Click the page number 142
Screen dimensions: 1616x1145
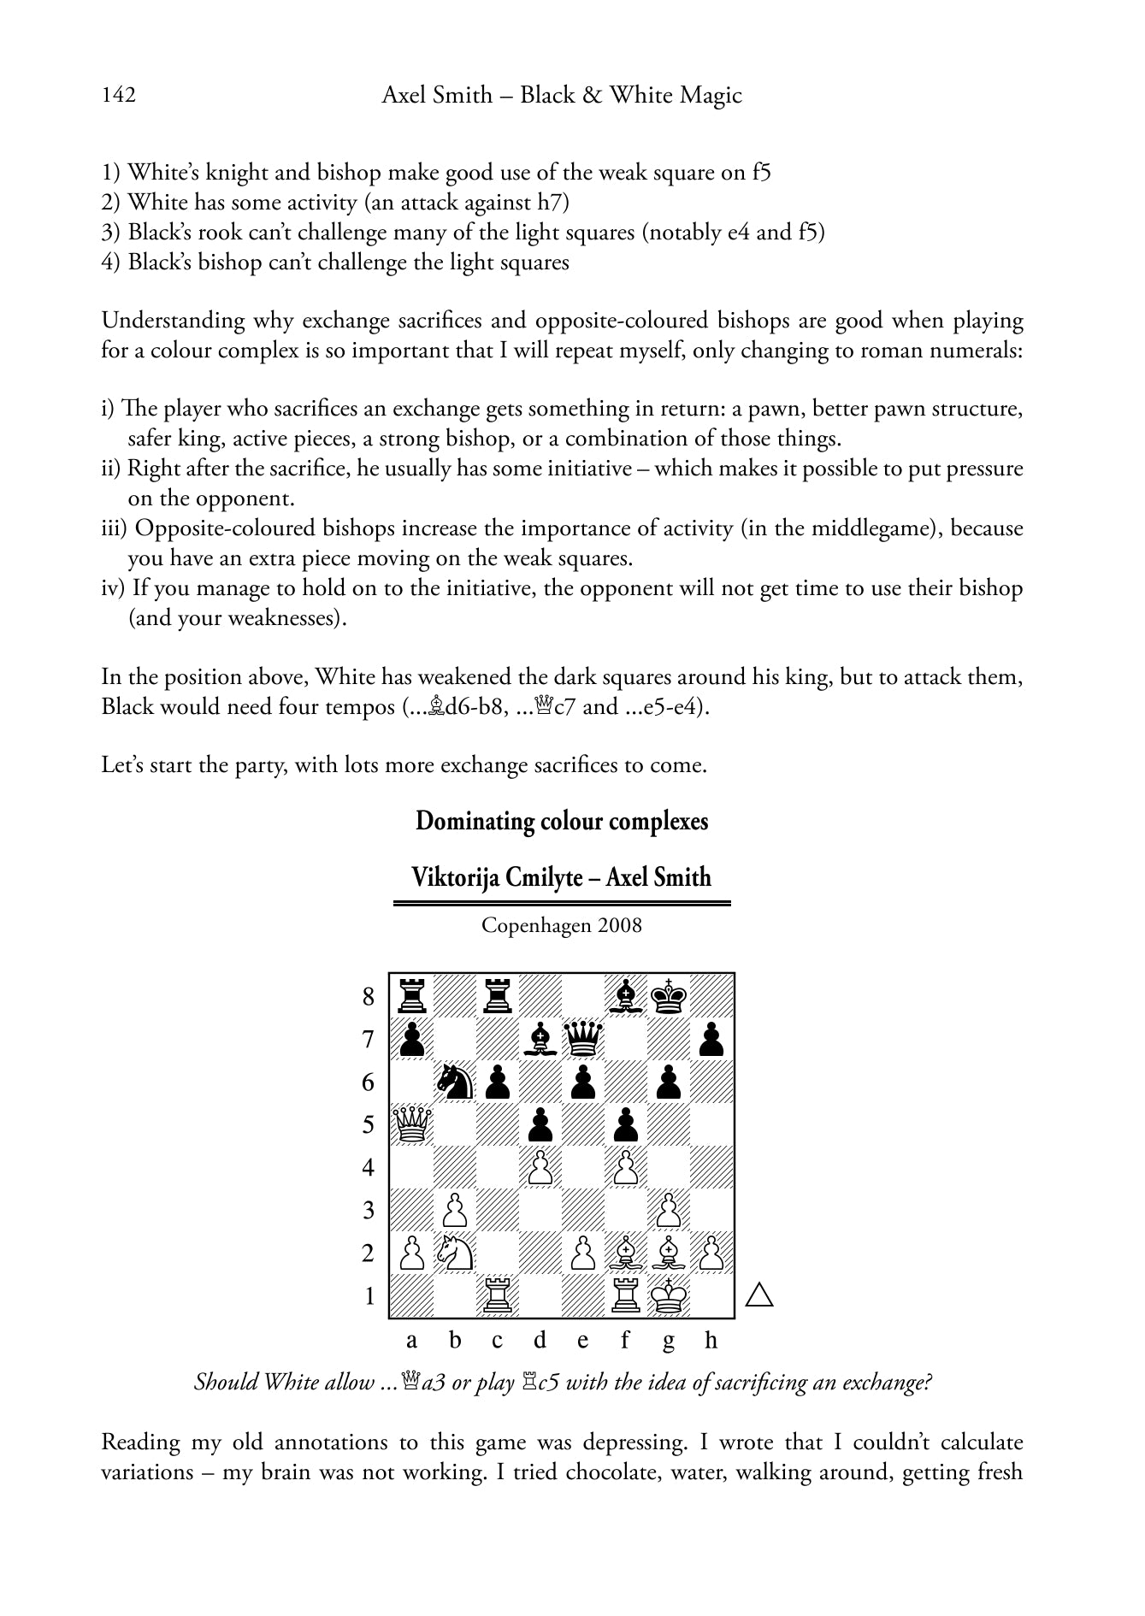coord(119,95)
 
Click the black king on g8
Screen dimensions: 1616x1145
coord(669,996)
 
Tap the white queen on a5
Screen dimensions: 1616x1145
coord(412,1124)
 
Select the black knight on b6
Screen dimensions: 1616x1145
coord(455,1082)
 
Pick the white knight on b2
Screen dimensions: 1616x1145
coord(455,1253)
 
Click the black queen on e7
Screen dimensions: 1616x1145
coord(583,1039)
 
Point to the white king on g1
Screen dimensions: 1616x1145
coord(669,1296)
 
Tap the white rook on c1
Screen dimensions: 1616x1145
coord(498,1296)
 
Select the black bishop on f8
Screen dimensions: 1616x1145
coord(626,996)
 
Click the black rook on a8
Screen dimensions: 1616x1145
coord(412,996)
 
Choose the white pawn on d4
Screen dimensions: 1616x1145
coord(540,1168)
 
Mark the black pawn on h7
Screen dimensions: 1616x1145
coord(711,1039)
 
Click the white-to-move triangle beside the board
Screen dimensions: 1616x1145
coord(759,1296)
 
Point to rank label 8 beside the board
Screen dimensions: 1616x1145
coord(369,997)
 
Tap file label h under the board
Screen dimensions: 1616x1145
coord(711,1341)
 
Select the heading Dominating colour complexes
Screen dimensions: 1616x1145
coord(562,822)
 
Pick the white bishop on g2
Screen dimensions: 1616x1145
coord(669,1253)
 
